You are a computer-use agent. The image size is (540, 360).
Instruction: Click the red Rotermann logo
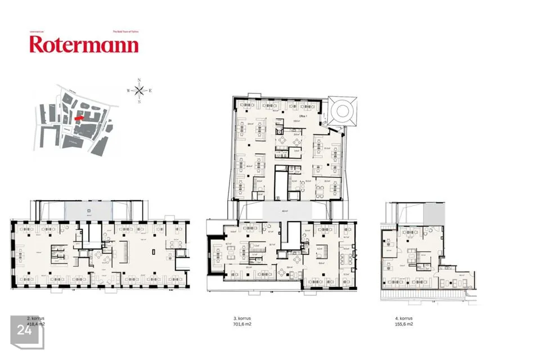click(84, 44)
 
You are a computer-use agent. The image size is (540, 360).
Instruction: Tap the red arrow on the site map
click(79, 118)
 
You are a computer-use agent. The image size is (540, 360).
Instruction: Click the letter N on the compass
click(139, 80)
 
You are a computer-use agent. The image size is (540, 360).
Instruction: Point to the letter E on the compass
click(151, 91)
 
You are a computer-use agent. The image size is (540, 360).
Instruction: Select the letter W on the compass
click(128, 91)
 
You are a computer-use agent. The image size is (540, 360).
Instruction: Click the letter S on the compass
click(139, 102)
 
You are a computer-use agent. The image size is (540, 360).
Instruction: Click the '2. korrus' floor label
click(36, 318)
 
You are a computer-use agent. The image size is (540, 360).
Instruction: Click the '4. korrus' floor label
click(403, 318)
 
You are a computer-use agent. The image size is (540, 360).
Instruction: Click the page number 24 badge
click(24, 330)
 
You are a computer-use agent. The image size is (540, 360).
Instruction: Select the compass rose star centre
click(139, 91)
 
